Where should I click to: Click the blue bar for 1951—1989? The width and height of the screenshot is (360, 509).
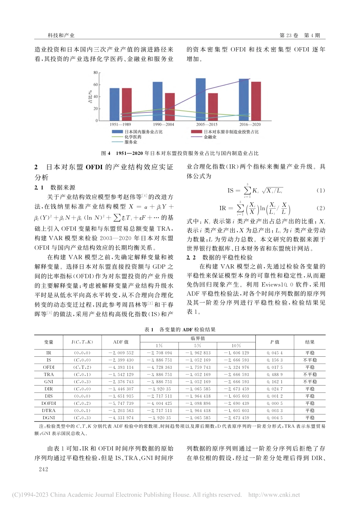click(x=114, y=104)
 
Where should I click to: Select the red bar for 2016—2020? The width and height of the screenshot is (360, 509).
click(x=256, y=101)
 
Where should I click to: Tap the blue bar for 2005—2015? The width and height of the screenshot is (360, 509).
click(x=200, y=99)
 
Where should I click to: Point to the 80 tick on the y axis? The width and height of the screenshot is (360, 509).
click(x=95, y=73)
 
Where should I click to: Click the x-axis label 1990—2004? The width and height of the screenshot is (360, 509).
click(x=163, y=125)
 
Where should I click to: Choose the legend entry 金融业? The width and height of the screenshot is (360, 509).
click(x=210, y=137)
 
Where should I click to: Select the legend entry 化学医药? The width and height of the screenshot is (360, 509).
click(x=133, y=137)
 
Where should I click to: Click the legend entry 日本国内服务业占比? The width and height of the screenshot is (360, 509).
click(x=143, y=132)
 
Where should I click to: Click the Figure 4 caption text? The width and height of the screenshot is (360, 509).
click(x=180, y=153)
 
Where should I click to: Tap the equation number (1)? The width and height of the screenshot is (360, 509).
click(x=321, y=190)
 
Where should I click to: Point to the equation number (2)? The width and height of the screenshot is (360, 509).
click(x=321, y=208)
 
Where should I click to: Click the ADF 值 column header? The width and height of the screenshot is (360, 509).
click(x=121, y=342)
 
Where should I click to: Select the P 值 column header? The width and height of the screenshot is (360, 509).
click(x=275, y=342)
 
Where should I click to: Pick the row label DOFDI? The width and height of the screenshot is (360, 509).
click(x=49, y=403)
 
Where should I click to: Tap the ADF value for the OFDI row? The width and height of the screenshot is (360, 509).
click(x=121, y=367)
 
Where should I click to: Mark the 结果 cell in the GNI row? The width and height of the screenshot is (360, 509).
click(x=310, y=382)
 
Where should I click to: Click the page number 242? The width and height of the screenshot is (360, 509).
click(x=44, y=469)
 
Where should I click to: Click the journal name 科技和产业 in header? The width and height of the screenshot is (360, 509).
click(x=61, y=35)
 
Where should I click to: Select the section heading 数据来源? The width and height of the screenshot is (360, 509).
click(x=63, y=187)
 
